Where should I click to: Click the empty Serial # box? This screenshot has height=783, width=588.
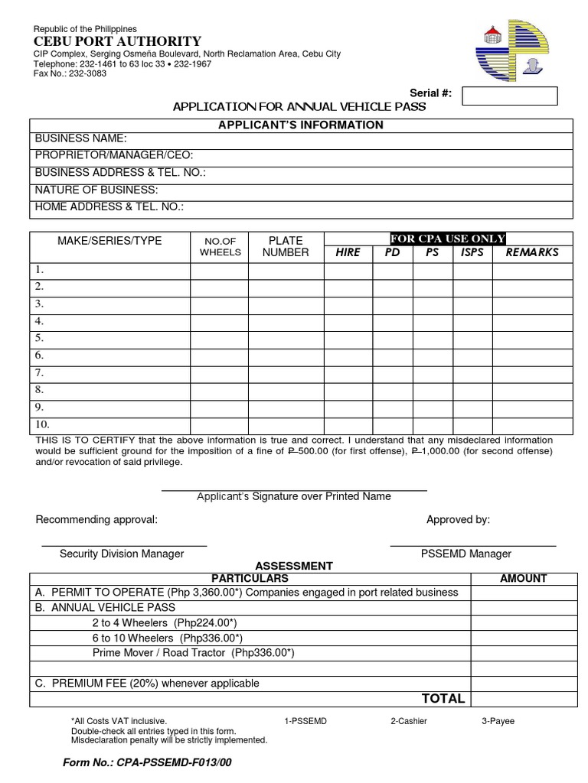[x=510, y=96]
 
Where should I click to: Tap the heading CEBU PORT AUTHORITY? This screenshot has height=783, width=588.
[x=117, y=41]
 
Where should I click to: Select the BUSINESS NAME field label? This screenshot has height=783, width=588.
[x=81, y=138]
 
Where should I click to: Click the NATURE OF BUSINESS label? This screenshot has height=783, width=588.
[x=96, y=190]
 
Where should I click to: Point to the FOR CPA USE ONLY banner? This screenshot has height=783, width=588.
[x=448, y=239]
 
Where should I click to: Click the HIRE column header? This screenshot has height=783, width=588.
[x=348, y=252]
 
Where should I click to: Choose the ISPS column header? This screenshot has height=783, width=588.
[x=472, y=252]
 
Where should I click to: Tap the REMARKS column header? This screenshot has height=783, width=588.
[x=532, y=252]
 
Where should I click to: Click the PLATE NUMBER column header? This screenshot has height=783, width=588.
[x=286, y=246]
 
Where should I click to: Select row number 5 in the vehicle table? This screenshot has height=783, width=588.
[x=40, y=338]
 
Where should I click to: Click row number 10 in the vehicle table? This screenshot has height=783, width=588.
[x=42, y=424]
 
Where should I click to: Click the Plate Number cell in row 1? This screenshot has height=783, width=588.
[x=286, y=270]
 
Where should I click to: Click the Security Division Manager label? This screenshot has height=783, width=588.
[x=122, y=554]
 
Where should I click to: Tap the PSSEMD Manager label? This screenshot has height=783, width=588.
[x=466, y=554]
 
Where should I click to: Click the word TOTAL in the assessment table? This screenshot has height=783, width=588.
[x=443, y=698]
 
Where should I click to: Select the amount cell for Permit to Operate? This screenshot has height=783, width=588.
[x=523, y=593]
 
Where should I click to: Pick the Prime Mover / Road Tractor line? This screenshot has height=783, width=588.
[x=193, y=653]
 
